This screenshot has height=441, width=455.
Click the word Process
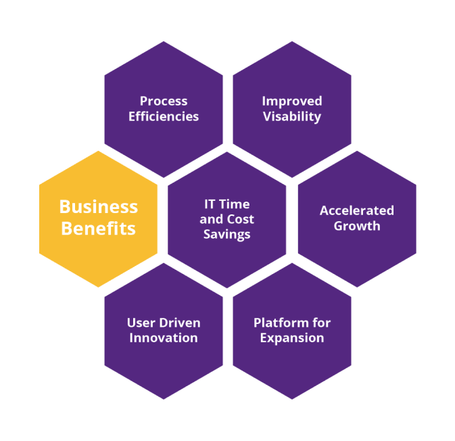(164, 101)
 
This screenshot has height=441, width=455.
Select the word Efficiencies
(164, 116)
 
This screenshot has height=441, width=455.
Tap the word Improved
(292, 101)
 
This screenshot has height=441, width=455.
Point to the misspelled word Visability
(292, 117)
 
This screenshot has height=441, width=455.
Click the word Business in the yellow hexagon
(99, 207)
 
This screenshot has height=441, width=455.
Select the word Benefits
(99, 228)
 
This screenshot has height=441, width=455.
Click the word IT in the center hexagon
(209, 204)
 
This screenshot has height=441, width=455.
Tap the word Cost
(240, 219)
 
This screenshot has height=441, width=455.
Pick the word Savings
(227, 235)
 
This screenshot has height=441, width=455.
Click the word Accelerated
(357, 210)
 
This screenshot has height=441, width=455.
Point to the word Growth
(357, 226)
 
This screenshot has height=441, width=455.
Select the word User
(141, 323)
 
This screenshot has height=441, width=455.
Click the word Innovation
(164, 338)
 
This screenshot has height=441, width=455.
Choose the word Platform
(281, 323)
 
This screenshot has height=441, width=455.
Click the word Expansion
(292, 338)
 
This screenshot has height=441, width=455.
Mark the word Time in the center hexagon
(234, 204)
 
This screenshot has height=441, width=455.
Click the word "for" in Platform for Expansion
(321, 323)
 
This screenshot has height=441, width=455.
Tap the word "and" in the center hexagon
(211, 219)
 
